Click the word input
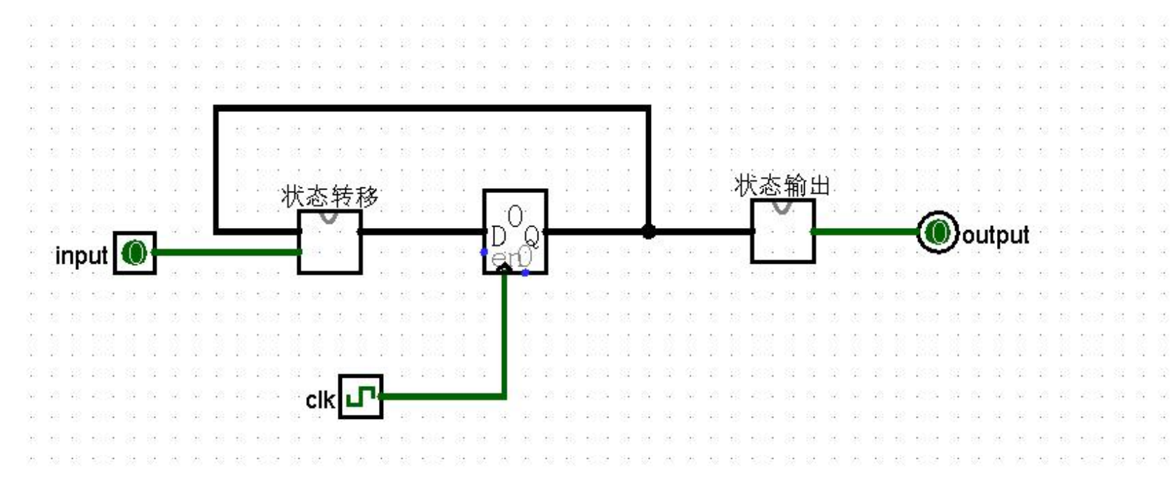(x=81, y=256)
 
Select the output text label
(x=996, y=235)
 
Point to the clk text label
(x=320, y=400)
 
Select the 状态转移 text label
(x=330, y=197)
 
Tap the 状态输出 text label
(x=782, y=185)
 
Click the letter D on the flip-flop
(x=499, y=237)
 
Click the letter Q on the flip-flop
(x=532, y=237)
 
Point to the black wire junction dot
(x=649, y=231)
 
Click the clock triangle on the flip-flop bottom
(x=504, y=269)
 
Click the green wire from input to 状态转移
(x=227, y=252)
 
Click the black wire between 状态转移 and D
(x=422, y=231)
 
